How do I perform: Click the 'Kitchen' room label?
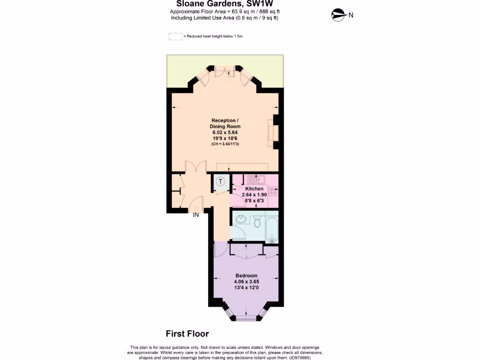255,188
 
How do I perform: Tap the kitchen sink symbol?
255,179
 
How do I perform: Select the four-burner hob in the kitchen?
274,191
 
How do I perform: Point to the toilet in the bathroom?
257,220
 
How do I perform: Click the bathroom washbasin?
241,218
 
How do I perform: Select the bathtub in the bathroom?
271,227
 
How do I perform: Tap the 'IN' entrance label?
196,215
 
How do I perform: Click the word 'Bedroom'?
246,275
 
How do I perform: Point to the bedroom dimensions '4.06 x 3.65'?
246,282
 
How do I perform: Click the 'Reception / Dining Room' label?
225,123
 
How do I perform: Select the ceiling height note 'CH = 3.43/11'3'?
225,144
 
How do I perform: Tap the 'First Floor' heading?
187,334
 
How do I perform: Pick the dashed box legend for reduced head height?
175,36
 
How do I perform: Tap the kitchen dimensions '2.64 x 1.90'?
255,195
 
